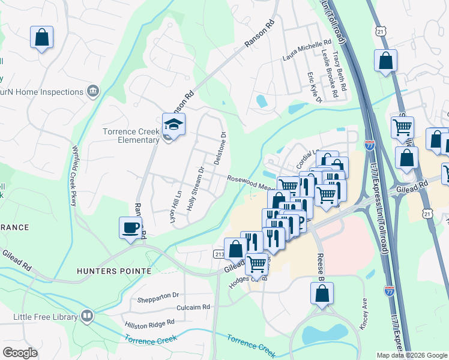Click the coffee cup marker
(131, 228)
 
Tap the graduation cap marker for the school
(173, 125)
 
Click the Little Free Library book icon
(88, 316)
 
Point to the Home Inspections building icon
(93, 92)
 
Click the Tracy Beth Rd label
(340, 70)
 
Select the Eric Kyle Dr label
(315, 87)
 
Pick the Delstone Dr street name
(220, 148)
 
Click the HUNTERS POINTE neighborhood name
(114, 271)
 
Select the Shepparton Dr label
(159, 295)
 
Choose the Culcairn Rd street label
(193, 307)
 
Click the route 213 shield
(220, 254)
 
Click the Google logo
(20, 352)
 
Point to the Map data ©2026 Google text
(411, 355)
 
